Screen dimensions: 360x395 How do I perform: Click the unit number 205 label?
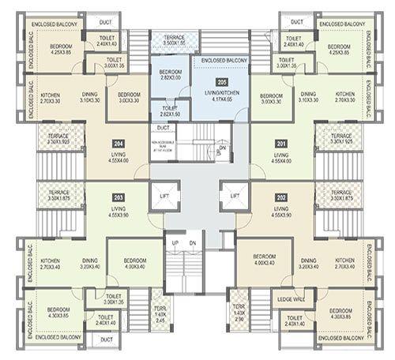coord(221,81)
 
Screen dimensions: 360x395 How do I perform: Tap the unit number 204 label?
coord(118,144)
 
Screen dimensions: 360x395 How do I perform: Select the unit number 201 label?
coord(280,144)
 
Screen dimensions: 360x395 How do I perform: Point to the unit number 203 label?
coord(118,197)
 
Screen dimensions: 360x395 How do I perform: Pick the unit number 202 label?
coord(280,197)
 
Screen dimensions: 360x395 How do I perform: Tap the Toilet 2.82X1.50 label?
coord(169,111)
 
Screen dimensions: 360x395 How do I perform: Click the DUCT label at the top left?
coord(105,22)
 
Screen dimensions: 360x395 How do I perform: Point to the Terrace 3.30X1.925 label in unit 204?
coord(59,140)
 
